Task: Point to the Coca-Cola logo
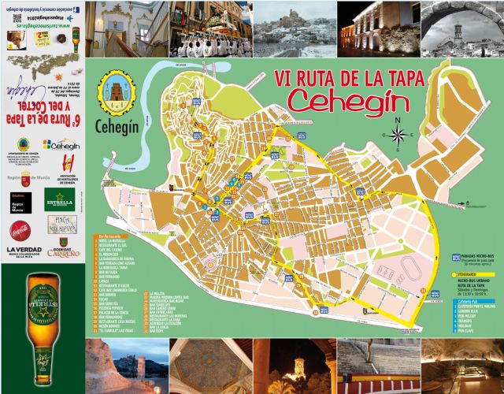click(20, 231)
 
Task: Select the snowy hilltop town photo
click(295, 29)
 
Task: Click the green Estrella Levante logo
click(59, 198)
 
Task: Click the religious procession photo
click(212, 29)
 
